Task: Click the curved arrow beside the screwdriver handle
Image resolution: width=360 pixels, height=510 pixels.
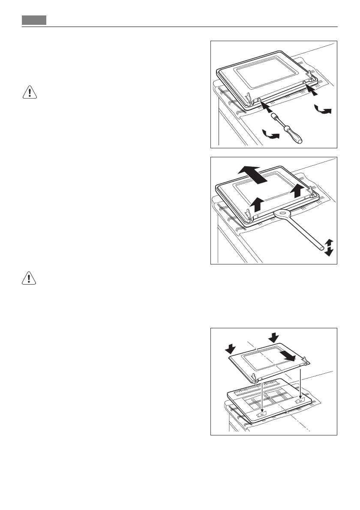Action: (270, 136)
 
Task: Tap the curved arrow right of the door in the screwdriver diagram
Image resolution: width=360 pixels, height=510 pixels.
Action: (323, 111)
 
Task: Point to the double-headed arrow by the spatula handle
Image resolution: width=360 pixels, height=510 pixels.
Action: (329, 248)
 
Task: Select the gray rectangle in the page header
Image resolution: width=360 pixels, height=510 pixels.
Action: (34, 21)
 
